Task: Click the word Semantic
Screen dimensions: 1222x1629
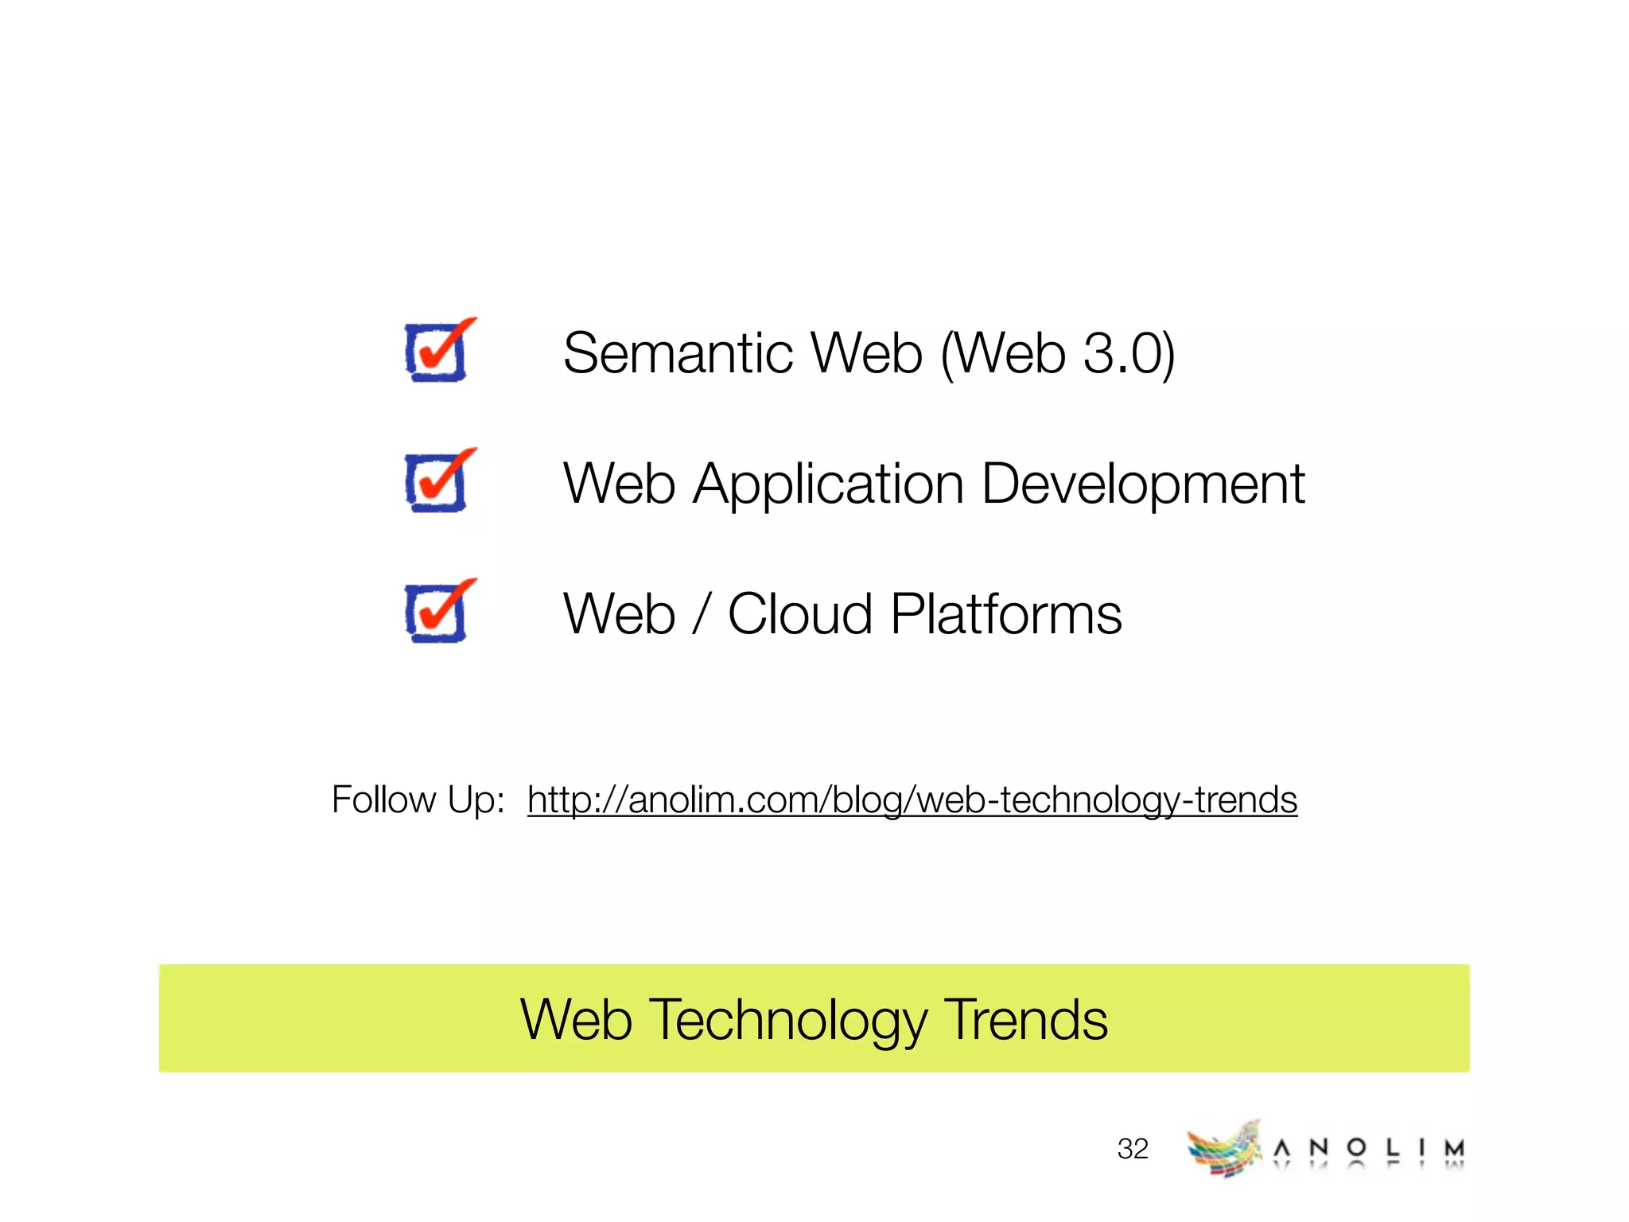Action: pyautogui.click(x=678, y=353)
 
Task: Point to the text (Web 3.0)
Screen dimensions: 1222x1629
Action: pyautogui.click(x=1057, y=353)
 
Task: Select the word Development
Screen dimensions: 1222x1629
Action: pyautogui.click(x=1143, y=484)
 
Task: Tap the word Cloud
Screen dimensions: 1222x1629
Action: pyautogui.click(x=800, y=614)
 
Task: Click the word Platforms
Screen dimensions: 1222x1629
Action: pyautogui.click(x=1006, y=614)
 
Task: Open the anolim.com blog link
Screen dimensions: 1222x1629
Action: pyautogui.click(x=912, y=800)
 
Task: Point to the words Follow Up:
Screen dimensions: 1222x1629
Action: pyautogui.click(x=418, y=800)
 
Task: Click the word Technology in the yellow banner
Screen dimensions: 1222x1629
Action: pyautogui.click(x=787, y=1021)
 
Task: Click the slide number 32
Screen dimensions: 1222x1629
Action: pyautogui.click(x=1133, y=1149)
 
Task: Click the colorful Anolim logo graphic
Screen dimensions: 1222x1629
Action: pyautogui.click(x=1223, y=1149)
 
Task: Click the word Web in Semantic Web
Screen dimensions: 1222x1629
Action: pyautogui.click(x=866, y=353)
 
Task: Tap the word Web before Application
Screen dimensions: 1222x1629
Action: pyautogui.click(x=619, y=484)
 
